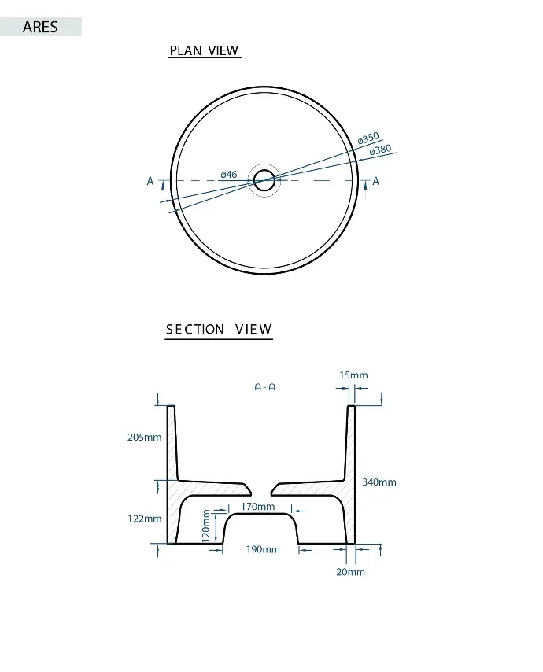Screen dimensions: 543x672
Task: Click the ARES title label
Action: [x=40, y=27]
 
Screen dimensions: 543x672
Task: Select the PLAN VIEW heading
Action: [x=204, y=50]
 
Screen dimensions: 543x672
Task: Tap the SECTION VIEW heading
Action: [x=219, y=329]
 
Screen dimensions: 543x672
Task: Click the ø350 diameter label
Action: [x=368, y=138]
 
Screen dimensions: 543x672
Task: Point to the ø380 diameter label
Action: [x=381, y=150]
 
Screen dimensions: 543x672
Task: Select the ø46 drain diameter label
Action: [x=229, y=175]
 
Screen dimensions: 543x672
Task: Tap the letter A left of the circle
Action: [x=150, y=181]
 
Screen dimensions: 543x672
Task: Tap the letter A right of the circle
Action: [x=376, y=181]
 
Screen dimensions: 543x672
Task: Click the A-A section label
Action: [x=265, y=387]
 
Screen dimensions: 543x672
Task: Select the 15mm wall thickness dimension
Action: [x=353, y=375]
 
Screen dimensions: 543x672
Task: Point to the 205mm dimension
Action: [x=145, y=438]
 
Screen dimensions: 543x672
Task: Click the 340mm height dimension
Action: [x=379, y=482]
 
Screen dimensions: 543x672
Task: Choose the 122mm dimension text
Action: [x=145, y=519]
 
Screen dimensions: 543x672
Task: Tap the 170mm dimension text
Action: [x=257, y=507]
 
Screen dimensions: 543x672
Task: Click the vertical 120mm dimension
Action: [x=206, y=526]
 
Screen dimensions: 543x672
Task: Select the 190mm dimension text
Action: [x=263, y=549]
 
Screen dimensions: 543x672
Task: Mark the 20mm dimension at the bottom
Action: [x=350, y=572]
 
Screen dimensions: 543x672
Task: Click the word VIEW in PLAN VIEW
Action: [x=223, y=50]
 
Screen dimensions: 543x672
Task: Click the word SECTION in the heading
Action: [x=195, y=329]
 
